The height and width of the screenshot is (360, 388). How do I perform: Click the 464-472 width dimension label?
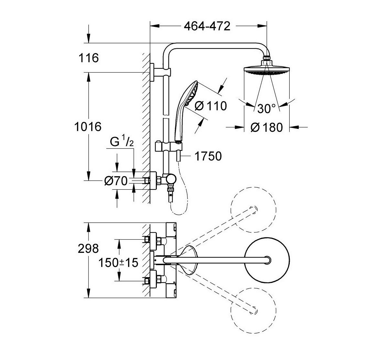point(207,26)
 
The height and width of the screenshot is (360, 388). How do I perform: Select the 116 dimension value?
point(88,58)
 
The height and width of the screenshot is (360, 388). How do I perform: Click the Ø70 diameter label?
point(115,181)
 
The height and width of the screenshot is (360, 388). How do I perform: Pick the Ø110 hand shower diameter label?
point(211,106)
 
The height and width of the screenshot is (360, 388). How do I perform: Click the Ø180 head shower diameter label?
point(266,128)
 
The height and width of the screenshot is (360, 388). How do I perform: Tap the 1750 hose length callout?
point(208,156)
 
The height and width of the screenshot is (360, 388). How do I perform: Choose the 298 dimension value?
point(88,248)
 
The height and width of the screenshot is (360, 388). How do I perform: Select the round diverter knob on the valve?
point(170,178)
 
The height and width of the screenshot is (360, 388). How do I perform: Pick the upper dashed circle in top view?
point(253,209)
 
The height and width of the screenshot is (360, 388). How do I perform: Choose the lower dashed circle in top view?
point(253,309)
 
